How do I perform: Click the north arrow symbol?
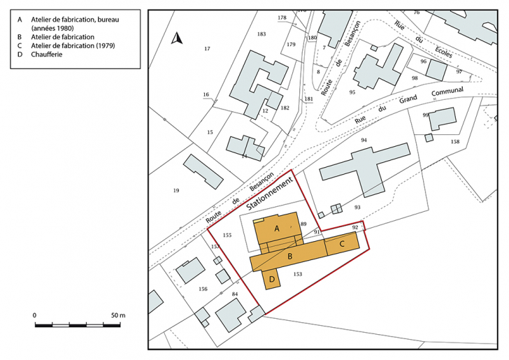pos(177,39)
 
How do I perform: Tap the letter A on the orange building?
pos(277,229)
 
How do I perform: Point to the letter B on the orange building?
pos(289,257)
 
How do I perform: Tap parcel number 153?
pos(298,274)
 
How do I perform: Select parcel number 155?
pos(226,236)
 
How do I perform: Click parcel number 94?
pos(364,141)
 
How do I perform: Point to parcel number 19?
pos(176,190)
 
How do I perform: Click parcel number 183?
pos(261,34)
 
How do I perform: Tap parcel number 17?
pos(207,48)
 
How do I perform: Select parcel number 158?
pos(455,142)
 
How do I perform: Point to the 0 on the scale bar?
pos(35,315)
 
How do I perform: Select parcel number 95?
pos(352,92)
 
